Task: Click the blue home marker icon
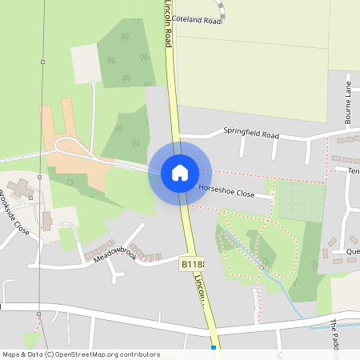tap(180, 173)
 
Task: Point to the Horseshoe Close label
tap(226, 194)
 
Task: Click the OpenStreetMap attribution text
tap(81, 354)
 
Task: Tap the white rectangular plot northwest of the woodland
tap(86, 62)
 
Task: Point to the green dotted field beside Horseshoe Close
tap(299, 200)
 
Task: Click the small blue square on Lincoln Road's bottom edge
tap(214, 348)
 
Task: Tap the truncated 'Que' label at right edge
tap(352, 250)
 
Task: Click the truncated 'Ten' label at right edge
tap(352, 170)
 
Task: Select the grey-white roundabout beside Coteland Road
tap(222, 10)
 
